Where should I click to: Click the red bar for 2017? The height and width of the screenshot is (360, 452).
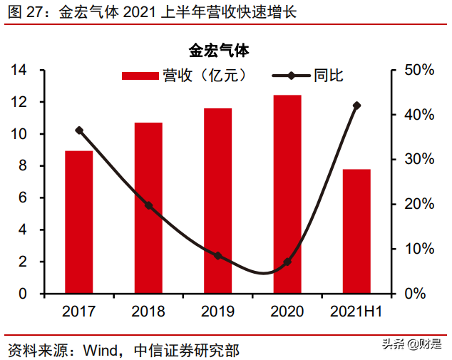coord(78,222)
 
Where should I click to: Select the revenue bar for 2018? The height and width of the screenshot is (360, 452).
coord(148,207)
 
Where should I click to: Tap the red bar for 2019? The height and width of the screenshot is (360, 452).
coord(218,200)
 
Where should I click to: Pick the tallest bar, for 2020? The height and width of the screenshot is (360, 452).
coord(287,194)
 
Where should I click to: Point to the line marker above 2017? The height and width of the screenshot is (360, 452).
coord(78,130)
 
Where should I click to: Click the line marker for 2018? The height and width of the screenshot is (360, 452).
coord(148,205)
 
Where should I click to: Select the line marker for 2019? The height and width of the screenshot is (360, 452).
coord(218,256)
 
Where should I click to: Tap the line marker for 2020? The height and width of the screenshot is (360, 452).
coord(287,262)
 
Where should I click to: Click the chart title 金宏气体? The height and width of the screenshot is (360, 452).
coord(218,51)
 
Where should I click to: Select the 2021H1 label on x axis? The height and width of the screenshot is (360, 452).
coord(356,312)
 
